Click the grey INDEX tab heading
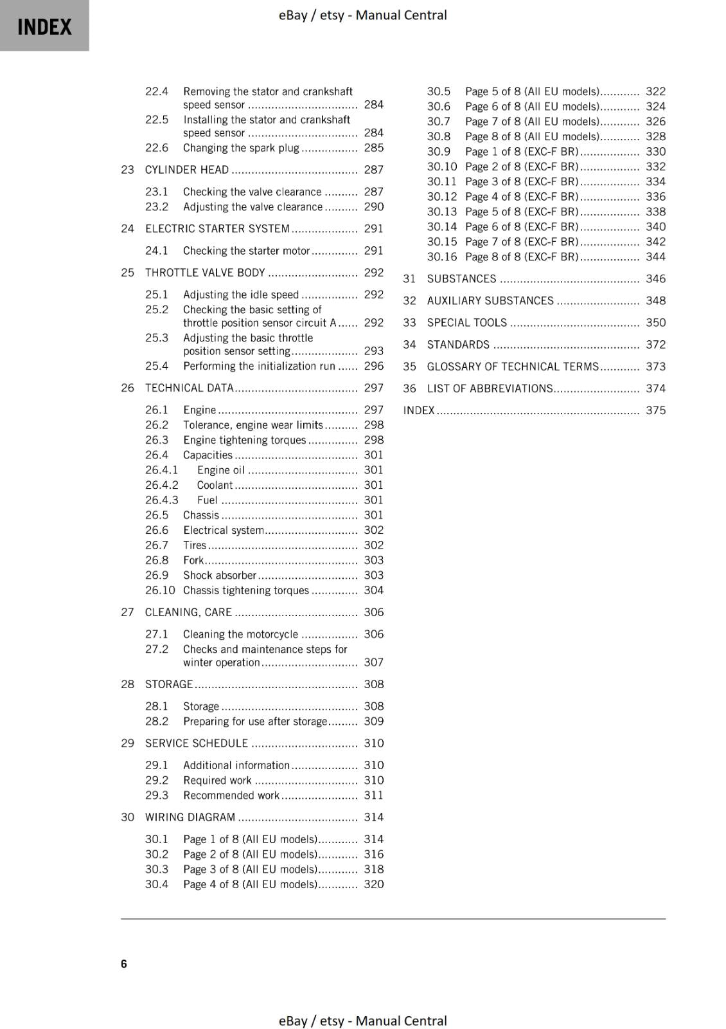pyautogui.click(x=44, y=26)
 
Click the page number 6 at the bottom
pyautogui.click(x=124, y=963)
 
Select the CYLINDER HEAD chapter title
pyautogui.click(x=187, y=170)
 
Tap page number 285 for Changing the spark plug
pyautogui.click(x=373, y=148)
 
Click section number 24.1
pyautogui.click(x=156, y=251)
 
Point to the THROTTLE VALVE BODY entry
pyautogui.click(x=205, y=273)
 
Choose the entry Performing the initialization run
pyautogui.click(x=259, y=366)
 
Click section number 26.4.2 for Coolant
pyautogui.click(x=161, y=485)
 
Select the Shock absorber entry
pyautogui.click(x=220, y=575)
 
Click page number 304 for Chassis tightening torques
pyautogui.click(x=373, y=590)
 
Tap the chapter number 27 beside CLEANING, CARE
pyautogui.click(x=127, y=612)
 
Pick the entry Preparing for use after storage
pyautogui.click(x=255, y=722)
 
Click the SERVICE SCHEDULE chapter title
pyautogui.click(x=196, y=743)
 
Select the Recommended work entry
pyautogui.click(x=231, y=796)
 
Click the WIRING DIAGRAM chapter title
pyautogui.click(x=190, y=817)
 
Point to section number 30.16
pyautogui.click(x=441, y=257)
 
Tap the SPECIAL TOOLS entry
pyautogui.click(x=466, y=323)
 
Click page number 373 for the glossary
pyautogui.click(x=655, y=367)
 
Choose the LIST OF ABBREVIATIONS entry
pyautogui.click(x=490, y=388)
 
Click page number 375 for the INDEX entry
pyautogui.click(x=655, y=410)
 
